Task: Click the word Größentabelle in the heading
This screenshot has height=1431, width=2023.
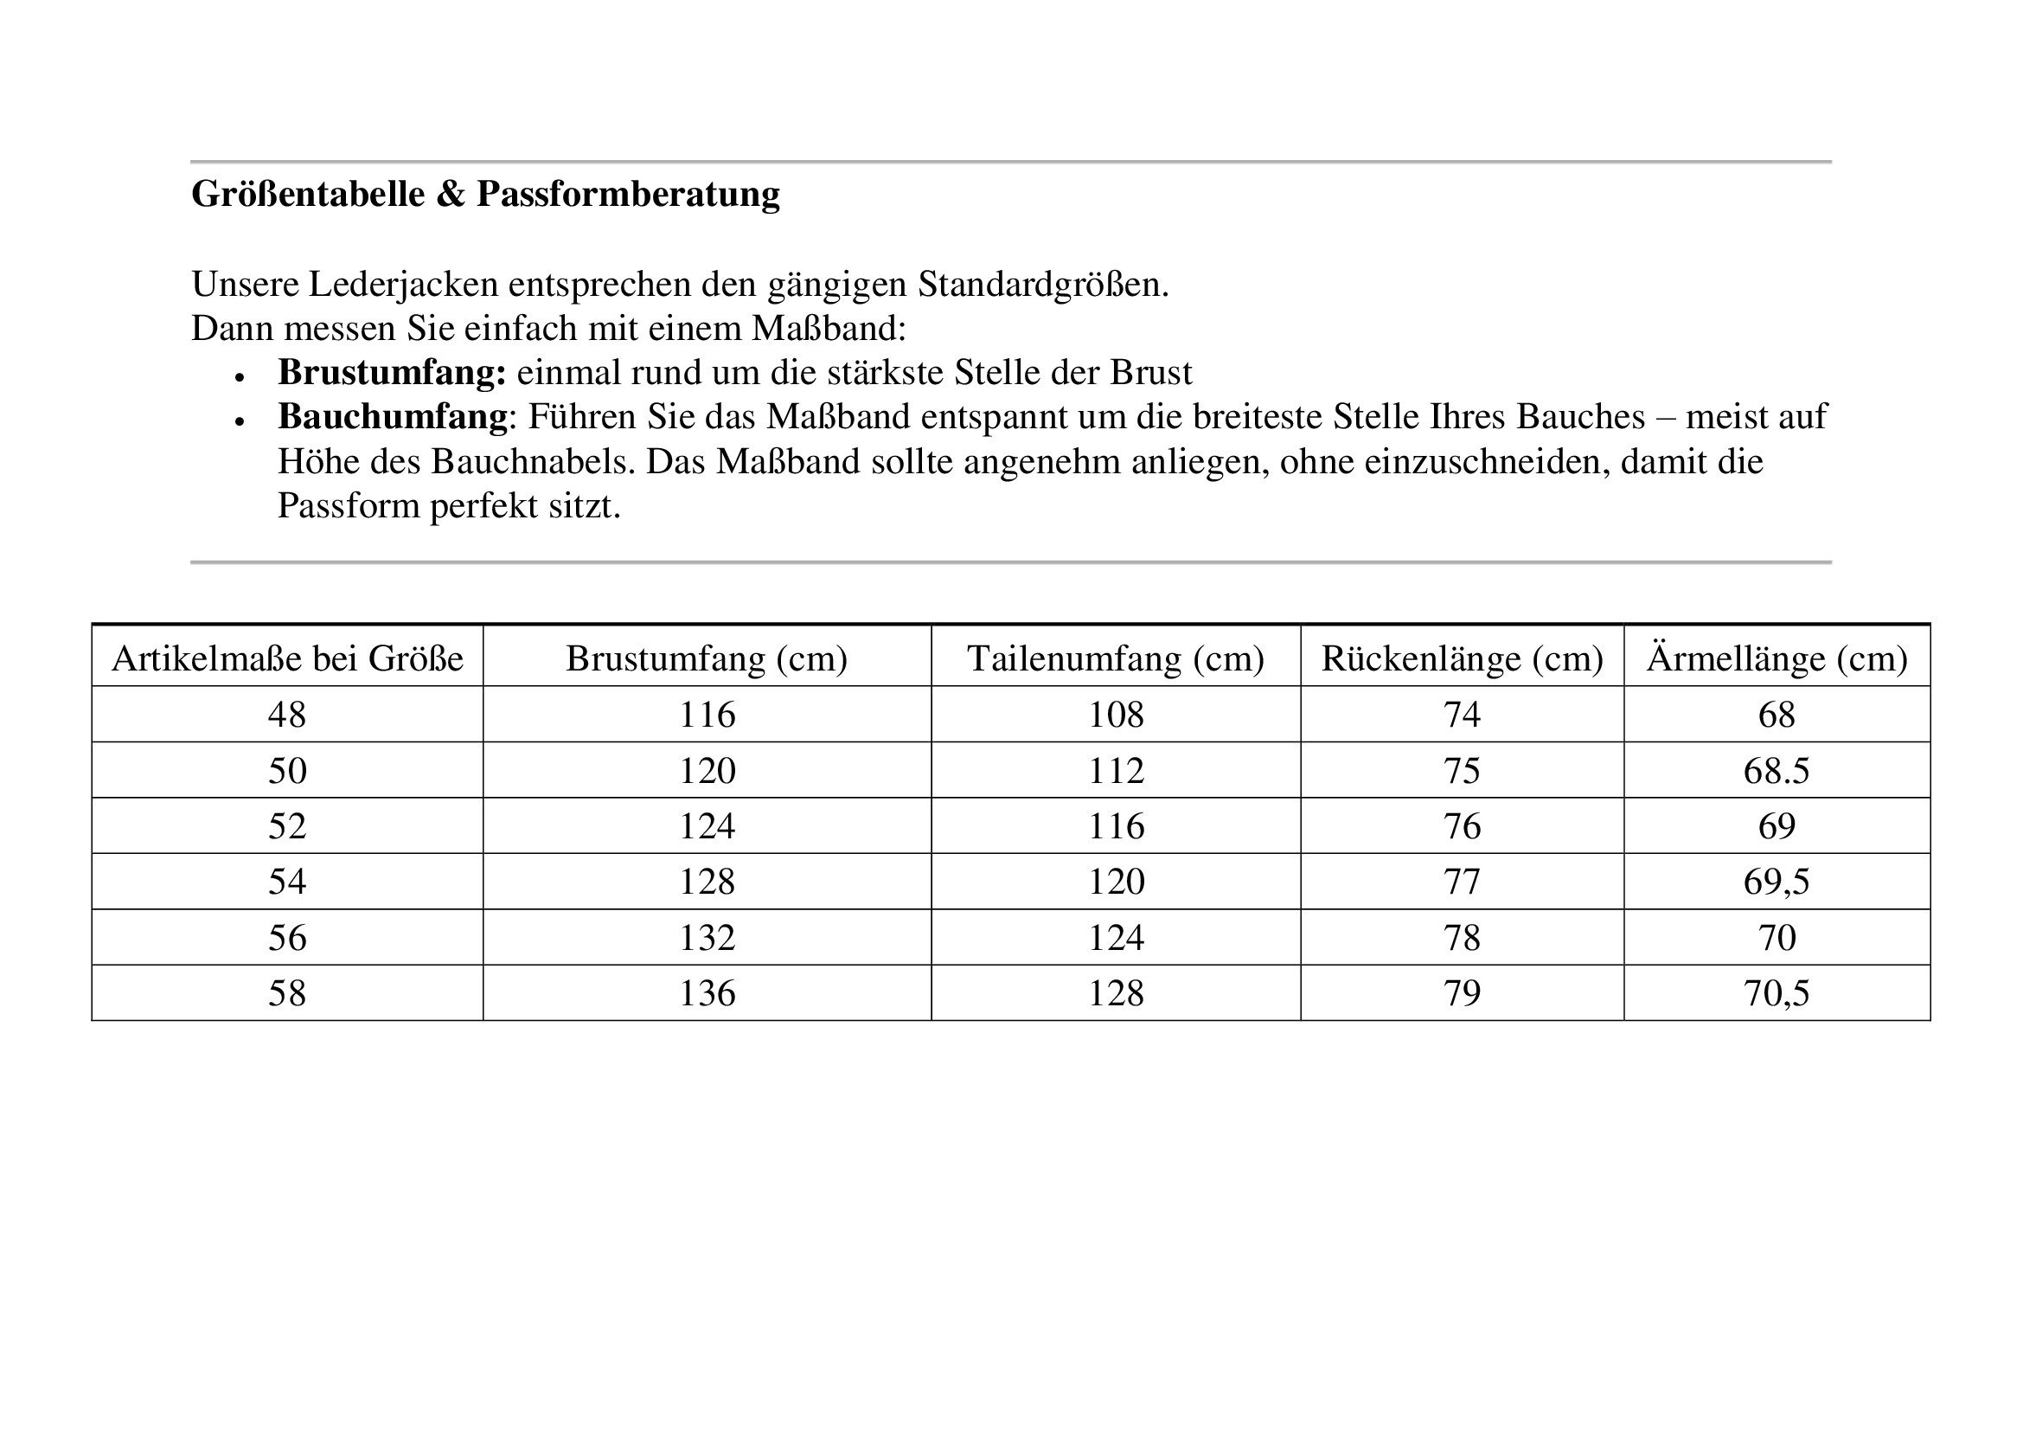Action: tap(308, 194)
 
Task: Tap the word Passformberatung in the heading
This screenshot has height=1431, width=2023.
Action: tap(628, 194)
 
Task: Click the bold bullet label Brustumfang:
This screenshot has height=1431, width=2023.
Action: tap(391, 373)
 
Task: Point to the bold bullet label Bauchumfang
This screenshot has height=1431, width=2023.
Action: tap(392, 417)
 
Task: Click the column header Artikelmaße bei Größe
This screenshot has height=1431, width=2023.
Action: tap(287, 659)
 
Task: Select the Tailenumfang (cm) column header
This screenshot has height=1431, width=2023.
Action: tap(1116, 659)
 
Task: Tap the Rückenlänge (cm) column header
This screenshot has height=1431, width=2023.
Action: tap(1462, 659)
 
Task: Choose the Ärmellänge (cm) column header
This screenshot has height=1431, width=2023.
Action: tap(1777, 659)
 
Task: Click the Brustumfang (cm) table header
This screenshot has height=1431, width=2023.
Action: tap(707, 659)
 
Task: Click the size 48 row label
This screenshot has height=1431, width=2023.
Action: tap(287, 715)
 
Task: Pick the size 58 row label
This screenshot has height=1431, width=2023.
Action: tap(287, 994)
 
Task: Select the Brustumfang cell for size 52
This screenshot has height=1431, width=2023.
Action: tap(707, 826)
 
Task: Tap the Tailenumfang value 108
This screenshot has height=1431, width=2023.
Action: tap(1116, 715)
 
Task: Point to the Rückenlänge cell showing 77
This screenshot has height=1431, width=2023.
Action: tap(1462, 882)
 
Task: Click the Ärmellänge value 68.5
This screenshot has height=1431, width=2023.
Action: tap(1777, 771)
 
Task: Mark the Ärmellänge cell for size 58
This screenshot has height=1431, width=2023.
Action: tap(1777, 994)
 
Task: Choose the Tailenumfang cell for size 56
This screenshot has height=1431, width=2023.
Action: tap(1116, 938)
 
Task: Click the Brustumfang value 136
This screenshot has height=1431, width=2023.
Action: tap(707, 994)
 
